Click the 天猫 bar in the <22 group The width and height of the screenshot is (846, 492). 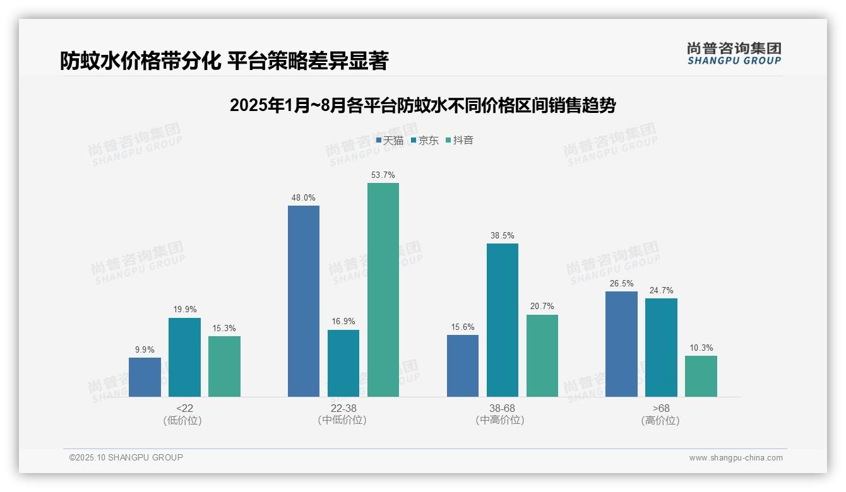coord(145,377)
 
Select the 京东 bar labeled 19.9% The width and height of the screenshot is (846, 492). coord(184,357)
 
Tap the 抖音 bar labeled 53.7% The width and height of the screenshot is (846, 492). coord(383,290)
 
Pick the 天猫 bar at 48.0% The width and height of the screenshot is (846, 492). coord(304,301)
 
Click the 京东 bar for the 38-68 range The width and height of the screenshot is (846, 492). coord(503,320)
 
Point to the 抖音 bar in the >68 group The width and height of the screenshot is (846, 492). coord(701,376)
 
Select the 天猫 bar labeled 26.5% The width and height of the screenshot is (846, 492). coord(621,344)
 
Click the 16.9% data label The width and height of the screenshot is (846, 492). coord(343,322)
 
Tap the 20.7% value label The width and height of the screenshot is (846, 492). coord(542,307)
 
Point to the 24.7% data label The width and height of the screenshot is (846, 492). coord(661,290)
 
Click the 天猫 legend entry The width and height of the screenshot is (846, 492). coord(390,141)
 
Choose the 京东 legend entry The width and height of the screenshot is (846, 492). coord(424,141)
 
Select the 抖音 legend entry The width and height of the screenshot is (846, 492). coord(460,141)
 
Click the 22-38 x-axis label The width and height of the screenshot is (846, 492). coord(343,408)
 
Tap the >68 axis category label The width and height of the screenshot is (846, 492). coord(661,408)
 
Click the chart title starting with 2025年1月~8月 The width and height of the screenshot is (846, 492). coord(422,105)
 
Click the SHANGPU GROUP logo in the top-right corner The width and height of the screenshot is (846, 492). coord(734,54)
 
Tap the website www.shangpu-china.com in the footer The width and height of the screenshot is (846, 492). coord(736,458)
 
